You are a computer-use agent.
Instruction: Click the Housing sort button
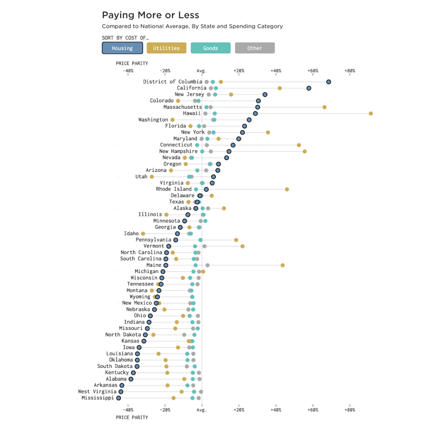(122, 48)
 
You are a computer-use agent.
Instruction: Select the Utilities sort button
(166, 48)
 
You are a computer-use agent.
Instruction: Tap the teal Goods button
(211, 48)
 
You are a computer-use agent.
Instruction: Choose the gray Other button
(255, 48)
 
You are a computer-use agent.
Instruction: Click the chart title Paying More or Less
(151, 15)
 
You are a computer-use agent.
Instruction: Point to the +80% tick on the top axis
(350, 71)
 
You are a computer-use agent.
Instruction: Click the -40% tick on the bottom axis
(128, 410)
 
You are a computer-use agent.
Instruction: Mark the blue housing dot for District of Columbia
(329, 82)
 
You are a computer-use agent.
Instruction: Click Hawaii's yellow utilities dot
(371, 114)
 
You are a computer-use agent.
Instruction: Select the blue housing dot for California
(309, 88)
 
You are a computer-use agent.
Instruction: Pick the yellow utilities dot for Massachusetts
(324, 107)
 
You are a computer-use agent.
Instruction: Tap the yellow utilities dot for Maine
(282, 265)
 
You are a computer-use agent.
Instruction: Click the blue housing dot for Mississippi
(119, 398)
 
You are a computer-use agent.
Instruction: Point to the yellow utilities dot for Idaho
(143, 234)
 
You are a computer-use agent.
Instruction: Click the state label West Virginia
(97, 391)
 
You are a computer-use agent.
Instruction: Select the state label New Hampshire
(178, 151)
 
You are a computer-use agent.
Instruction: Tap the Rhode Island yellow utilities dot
(287, 189)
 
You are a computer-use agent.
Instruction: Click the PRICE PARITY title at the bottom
(132, 417)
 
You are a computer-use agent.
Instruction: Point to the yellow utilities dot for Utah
(152, 177)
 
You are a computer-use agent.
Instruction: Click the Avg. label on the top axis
(202, 71)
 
